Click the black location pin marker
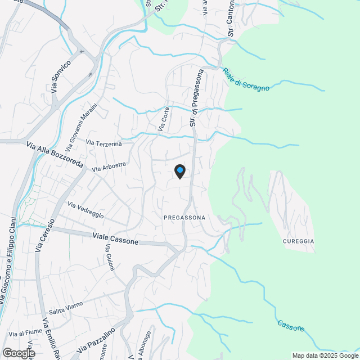pos(179,171)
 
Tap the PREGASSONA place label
pos(184,217)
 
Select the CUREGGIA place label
pos(298,241)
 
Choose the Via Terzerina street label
pos(104,145)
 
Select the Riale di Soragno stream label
pos(246,79)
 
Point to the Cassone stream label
pos(291,325)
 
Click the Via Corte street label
pos(164,120)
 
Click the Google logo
pos(18,353)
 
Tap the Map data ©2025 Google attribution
pos(325,355)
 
